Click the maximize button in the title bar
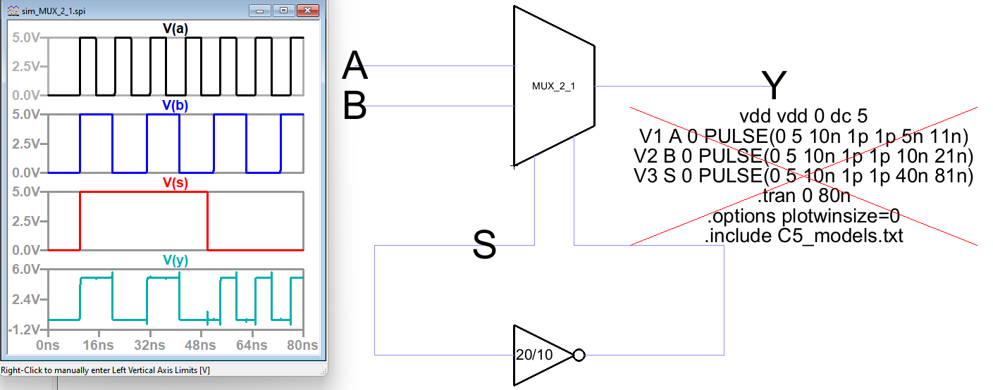(284, 11)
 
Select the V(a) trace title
(175, 30)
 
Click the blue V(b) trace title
(175, 106)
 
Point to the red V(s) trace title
(175, 183)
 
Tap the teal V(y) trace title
(175, 260)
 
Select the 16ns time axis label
(99, 345)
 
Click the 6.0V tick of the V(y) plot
(25, 268)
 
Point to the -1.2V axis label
(24, 329)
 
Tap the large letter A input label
(354, 67)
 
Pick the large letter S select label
(484, 245)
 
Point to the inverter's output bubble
(579, 355)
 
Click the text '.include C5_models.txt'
(803, 236)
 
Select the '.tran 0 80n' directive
(803, 196)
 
